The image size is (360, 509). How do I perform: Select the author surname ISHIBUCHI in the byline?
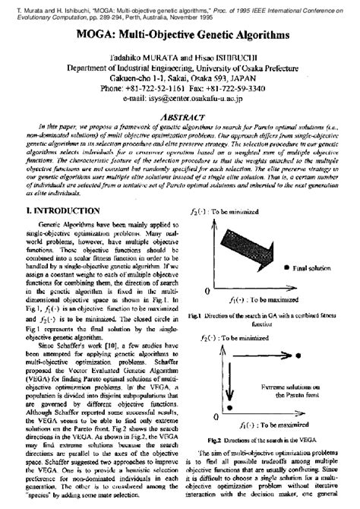224,52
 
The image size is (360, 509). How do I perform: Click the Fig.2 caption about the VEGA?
267,440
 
